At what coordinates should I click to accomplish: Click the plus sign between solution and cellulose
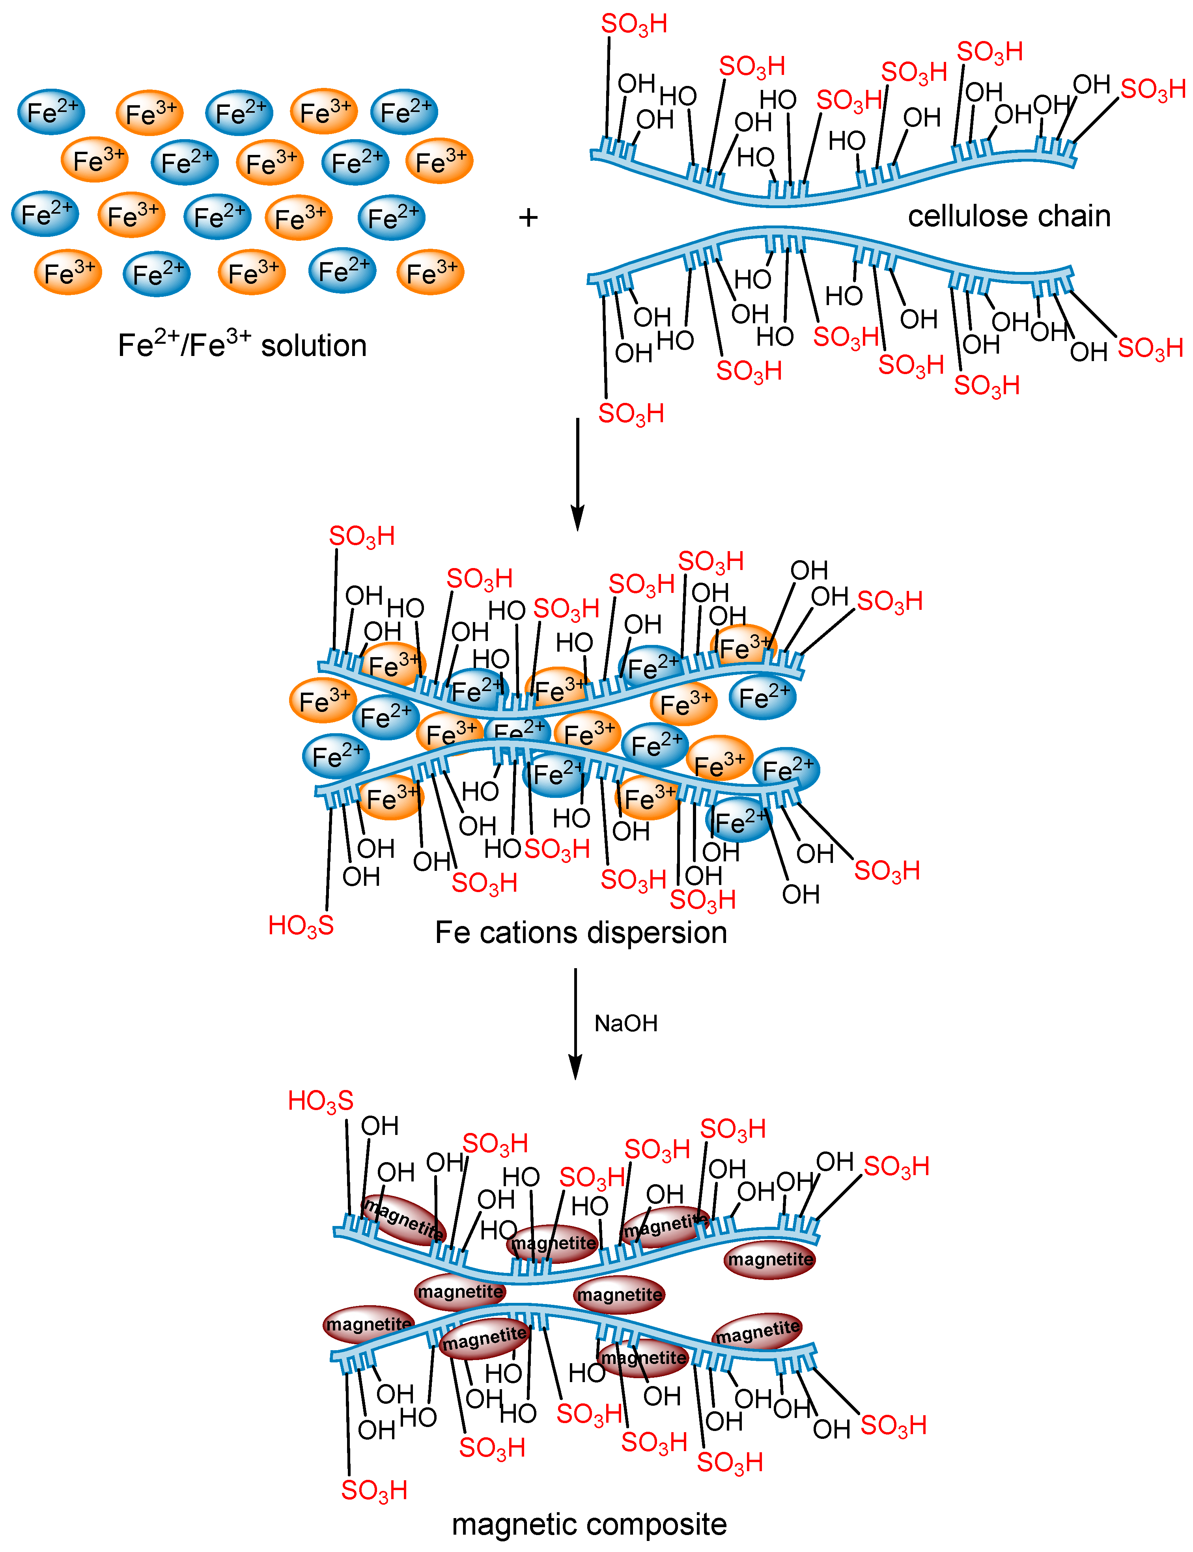[528, 217]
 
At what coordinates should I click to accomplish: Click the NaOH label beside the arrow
[625, 1023]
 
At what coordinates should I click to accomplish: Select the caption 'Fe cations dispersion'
[581, 932]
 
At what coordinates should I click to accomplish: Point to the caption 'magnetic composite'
[589, 1524]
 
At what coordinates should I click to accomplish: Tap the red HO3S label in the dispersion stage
[301, 925]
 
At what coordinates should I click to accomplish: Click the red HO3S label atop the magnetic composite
[320, 1101]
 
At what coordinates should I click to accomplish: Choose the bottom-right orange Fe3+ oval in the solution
[430, 272]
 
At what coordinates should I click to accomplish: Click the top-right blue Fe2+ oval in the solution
[404, 112]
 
